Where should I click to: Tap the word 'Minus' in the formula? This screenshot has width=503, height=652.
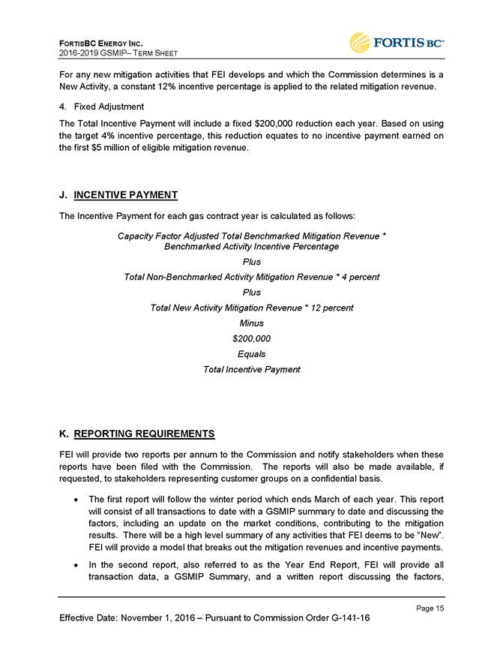pyautogui.click(x=251, y=323)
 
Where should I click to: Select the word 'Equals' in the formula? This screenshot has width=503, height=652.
pyautogui.click(x=251, y=353)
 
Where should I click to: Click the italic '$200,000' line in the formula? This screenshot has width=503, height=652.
pyautogui.click(x=251, y=338)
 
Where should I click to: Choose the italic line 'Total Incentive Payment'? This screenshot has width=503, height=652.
pyautogui.click(x=251, y=369)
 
